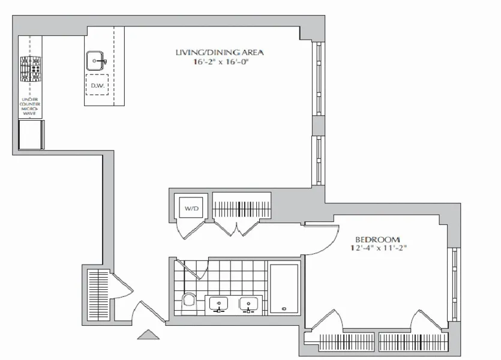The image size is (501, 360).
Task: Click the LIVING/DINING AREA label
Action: (219, 53)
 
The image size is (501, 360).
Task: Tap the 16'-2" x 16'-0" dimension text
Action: (219, 62)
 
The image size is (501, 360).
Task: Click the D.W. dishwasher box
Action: (97, 86)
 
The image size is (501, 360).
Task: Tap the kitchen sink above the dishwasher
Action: (97, 61)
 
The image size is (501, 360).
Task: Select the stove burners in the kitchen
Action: (30, 68)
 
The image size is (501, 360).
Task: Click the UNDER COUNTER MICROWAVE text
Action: (30, 106)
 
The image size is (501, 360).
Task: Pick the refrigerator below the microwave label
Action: (31, 134)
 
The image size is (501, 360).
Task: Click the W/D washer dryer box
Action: (191, 208)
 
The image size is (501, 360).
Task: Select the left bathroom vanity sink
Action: (218, 304)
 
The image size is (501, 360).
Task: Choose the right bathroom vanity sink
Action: (248, 304)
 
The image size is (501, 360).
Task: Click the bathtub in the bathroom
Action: (284, 288)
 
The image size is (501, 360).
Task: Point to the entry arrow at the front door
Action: (149, 335)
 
